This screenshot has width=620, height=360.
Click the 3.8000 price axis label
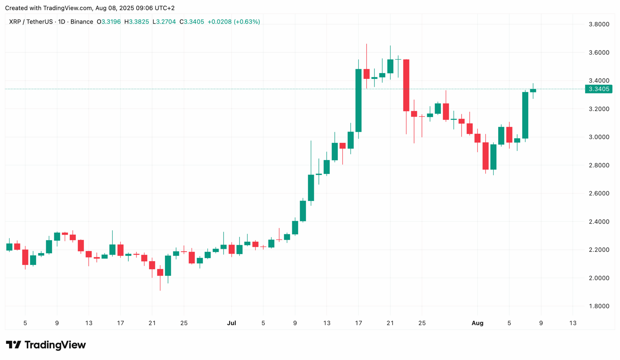(x=599, y=24)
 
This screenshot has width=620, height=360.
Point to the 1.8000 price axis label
(x=599, y=306)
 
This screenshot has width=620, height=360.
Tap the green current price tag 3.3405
(x=599, y=89)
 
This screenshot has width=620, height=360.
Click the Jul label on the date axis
(x=232, y=323)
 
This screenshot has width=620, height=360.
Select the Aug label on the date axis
(x=477, y=323)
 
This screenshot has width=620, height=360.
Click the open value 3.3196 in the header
(x=111, y=22)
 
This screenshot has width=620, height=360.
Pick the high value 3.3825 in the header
(x=139, y=22)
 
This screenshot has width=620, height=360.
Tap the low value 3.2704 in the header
(x=166, y=22)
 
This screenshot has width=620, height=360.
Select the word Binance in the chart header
(x=82, y=22)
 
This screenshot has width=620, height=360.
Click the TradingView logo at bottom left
(x=46, y=345)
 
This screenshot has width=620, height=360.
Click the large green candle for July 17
(x=358, y=100)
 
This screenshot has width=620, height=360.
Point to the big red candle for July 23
(x=406, y=85)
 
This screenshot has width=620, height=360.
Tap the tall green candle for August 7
(x=525, y=115)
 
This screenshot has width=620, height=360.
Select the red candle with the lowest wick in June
(x=160, y=272)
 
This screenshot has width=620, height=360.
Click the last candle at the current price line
(x=533, y=90)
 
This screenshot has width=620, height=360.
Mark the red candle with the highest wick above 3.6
(x=367, y=74)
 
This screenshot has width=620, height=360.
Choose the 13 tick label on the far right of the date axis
(x=573, y=323)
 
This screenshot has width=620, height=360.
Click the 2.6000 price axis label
(x=599, y=193)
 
